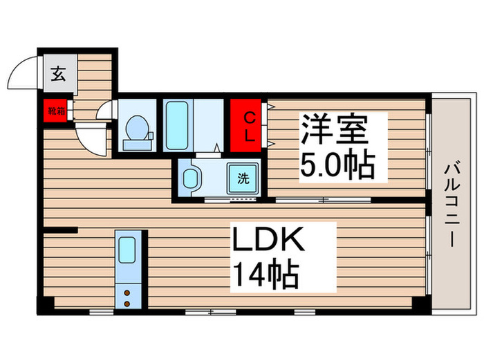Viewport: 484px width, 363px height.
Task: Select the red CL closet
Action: (249, 126)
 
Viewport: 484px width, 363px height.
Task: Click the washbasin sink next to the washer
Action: (191, 178)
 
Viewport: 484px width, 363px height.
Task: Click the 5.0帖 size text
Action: (337, 165)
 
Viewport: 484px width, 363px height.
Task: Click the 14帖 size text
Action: (266, 276)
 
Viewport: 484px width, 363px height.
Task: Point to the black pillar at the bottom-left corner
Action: (44, 304)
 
